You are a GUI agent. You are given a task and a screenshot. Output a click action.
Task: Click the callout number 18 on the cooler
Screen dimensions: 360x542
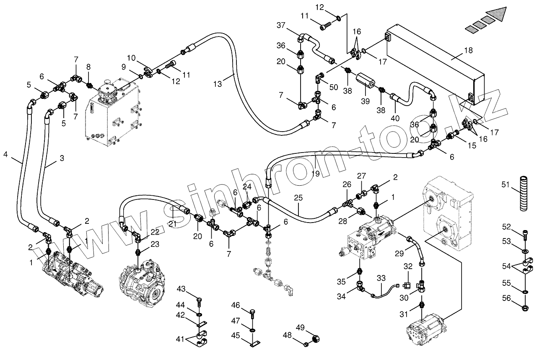click(468, 51)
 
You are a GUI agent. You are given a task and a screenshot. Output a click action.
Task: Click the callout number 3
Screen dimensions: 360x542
click(62, 158)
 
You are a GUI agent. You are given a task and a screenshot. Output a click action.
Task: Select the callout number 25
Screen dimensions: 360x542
click(298, 197)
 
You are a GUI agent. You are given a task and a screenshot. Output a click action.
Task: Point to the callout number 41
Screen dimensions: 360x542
click(180, 339)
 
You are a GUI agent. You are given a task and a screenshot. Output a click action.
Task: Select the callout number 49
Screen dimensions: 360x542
click(300, 327)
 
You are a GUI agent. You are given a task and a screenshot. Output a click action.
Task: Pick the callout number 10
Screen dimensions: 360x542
click(131, 57)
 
